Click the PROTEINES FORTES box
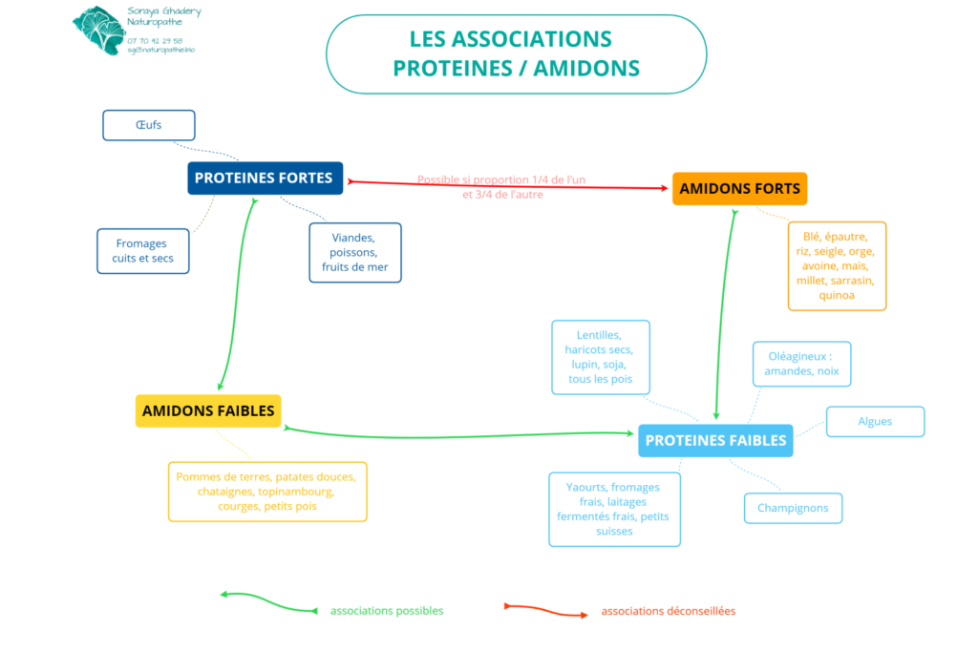coord(265,179)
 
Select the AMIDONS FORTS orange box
coord(739,189)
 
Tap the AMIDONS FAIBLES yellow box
coord(208,411)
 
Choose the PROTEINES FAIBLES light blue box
coord(715,440)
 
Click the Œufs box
coord(148,125)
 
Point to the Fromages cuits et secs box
coord(143,251)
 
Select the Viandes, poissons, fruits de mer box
coord(355,252)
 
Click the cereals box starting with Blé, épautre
coord(837,265)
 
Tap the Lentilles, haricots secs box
coord(600,357)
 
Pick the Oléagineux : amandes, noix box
coord(801,364)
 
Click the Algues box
coord(875,422)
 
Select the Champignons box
coord(793,508)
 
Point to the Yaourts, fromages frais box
coord(614,509)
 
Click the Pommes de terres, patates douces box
coord(267,492)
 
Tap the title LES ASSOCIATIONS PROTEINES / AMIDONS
coord(516,53)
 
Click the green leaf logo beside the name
coord(98,30)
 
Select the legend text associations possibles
coord(387,611)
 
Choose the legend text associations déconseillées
coord(669,611)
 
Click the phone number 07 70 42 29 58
coord(155,41)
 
